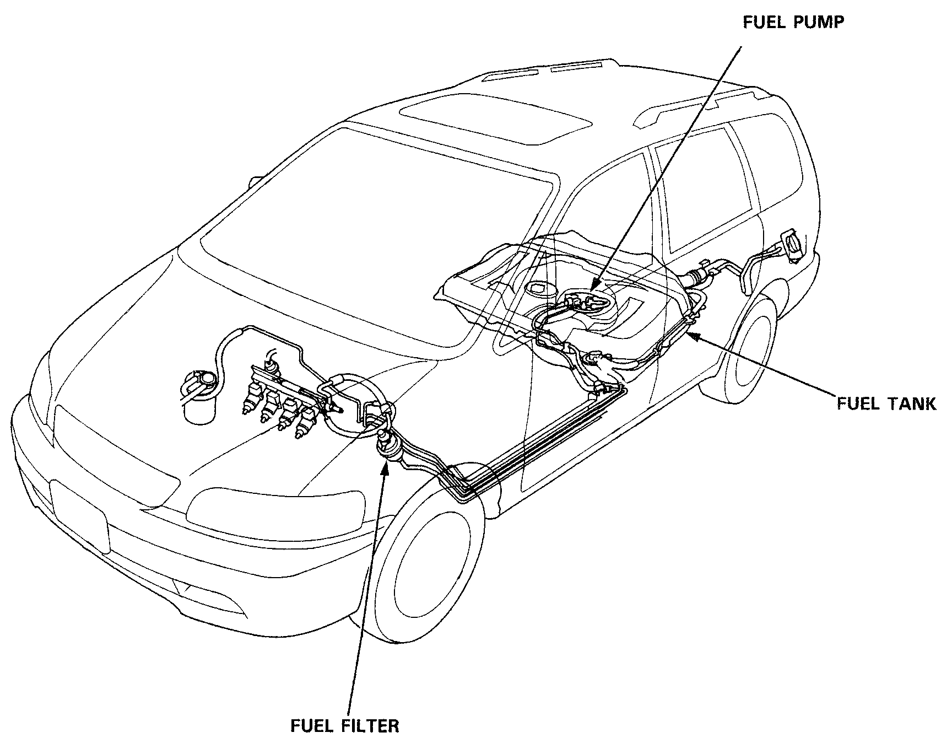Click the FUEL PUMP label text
[793, 23]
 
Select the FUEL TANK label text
[886, 403]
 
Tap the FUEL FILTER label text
[344, 725]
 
